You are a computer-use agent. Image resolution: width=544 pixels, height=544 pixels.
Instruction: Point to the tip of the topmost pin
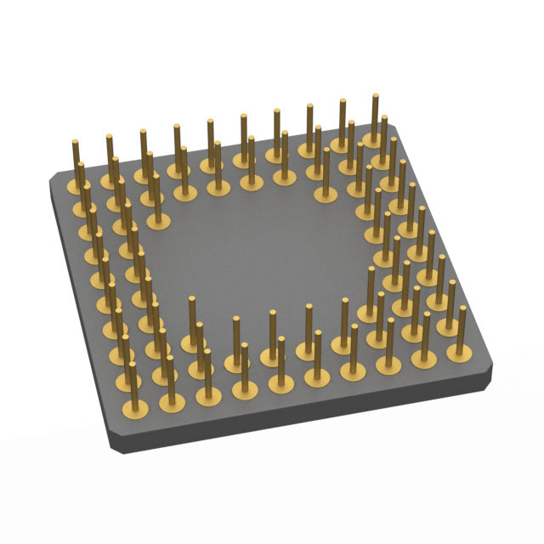(375, 96)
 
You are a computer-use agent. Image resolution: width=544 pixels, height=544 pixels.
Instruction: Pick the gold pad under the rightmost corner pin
(459, 348)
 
